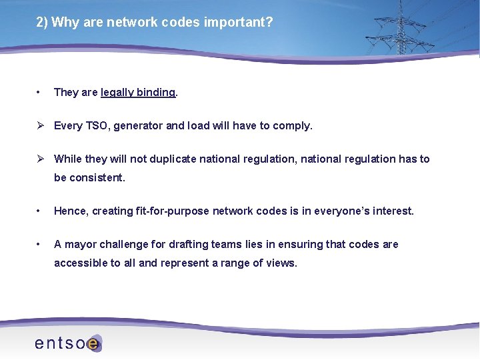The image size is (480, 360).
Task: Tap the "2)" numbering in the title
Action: [42, 22]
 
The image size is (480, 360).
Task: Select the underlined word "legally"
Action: [117, 92]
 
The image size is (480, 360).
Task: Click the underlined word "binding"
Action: [155, 92]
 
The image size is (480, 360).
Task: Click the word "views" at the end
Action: [281, 263]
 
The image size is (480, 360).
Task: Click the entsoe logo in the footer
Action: [67, 343]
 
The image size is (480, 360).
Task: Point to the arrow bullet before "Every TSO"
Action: [40, 125]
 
